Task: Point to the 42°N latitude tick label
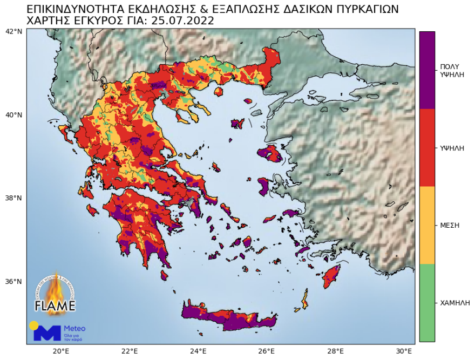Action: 13,31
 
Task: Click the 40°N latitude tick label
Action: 13,115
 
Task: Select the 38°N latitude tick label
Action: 13,198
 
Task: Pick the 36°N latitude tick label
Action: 13,282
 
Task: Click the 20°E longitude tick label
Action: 60,351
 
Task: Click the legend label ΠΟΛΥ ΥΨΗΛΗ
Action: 452,70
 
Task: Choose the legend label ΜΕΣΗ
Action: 450,225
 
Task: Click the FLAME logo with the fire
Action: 55,294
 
